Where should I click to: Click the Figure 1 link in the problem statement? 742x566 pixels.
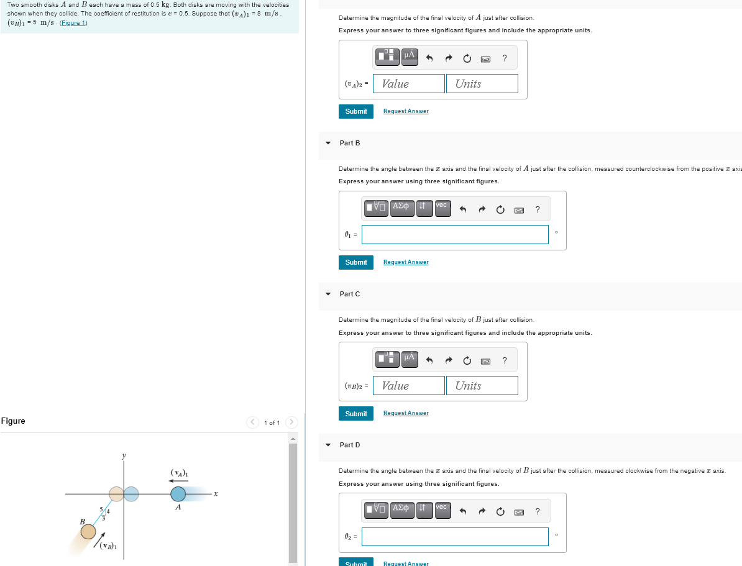tap(73, 23)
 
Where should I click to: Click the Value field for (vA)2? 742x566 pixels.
tap(409, 84)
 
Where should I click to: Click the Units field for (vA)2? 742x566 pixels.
tap(482, 84)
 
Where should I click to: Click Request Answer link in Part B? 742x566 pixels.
tap(406, 262)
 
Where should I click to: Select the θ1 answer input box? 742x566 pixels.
tap(455, 234)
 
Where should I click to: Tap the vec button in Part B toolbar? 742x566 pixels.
tap(441, 206)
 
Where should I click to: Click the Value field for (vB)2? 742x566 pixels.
tap(409, 386)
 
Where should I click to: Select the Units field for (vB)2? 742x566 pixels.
tap(482, 386)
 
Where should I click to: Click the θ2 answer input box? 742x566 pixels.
tap(455, 537)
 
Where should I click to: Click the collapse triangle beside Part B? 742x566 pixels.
tap(328, 143)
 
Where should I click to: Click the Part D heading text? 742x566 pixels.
tap(350, 445)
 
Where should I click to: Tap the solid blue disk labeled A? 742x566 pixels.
tap(178, 494)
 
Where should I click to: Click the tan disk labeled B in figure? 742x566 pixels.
tap(88, 532)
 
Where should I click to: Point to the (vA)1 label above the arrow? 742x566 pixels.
tap(179, 473)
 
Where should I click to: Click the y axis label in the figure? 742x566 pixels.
tap(124, 456)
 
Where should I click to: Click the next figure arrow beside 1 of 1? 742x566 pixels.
tap(292, 422)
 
